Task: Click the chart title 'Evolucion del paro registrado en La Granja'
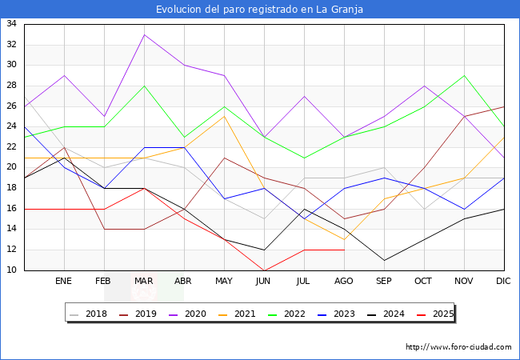260,10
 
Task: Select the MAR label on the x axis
144,282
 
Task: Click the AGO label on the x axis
344,282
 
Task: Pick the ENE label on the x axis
64,282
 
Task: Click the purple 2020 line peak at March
144,34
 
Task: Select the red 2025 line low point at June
264,270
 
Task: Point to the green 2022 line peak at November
464,75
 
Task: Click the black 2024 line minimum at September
384,260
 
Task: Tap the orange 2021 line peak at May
224,116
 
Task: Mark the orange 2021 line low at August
344,239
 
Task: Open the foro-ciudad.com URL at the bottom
458,347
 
